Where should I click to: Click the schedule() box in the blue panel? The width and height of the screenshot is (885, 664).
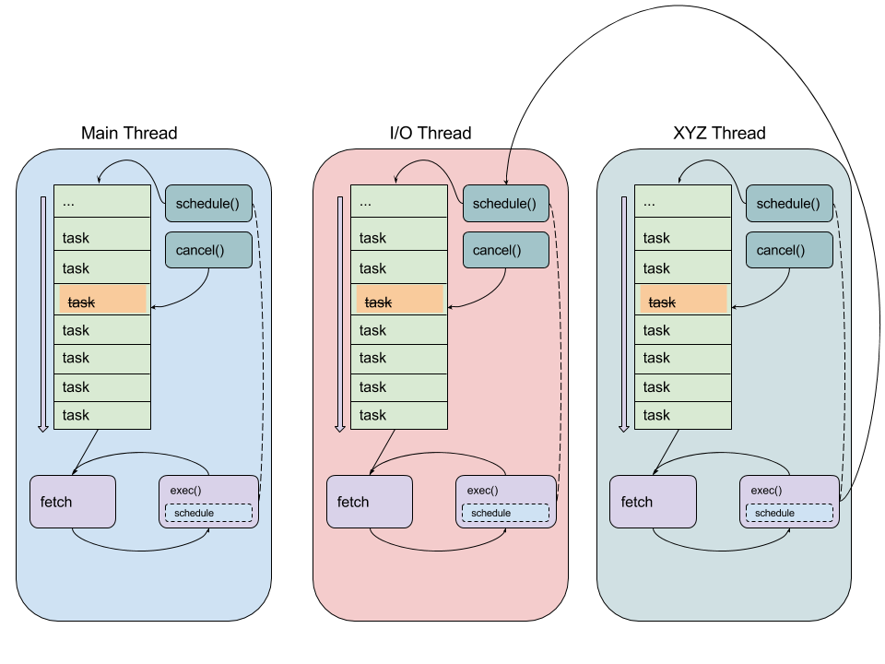click(x=208, y=204)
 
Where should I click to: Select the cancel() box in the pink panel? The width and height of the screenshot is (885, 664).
click(x=505, y=250)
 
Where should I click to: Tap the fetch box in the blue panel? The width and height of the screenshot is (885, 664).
click(x=73, y=502)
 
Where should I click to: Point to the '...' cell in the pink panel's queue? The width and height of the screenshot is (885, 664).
click(x=399, y=201)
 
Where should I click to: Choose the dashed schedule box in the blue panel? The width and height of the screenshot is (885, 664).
click(x=208, y=513)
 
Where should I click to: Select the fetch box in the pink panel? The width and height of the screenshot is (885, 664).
click(x=370, y=502)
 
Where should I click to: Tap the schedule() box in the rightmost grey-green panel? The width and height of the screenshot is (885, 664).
click(x=789, y=204)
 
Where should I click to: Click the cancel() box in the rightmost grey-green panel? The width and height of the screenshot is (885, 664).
click(x=789, y=250)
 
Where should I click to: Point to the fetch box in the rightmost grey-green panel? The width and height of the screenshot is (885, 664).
click(x=654, y=502)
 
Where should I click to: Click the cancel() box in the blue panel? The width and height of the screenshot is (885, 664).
click(x=208, y=250)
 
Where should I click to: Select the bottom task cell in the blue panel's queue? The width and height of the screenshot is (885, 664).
click(x=102, y=415)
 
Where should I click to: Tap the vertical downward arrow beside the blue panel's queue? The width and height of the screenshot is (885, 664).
click(x=42, y=314)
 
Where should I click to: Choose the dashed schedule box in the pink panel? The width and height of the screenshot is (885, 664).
click(x=505, y=513)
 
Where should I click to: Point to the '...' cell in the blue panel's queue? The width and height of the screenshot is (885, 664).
click(x=102, y=201)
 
